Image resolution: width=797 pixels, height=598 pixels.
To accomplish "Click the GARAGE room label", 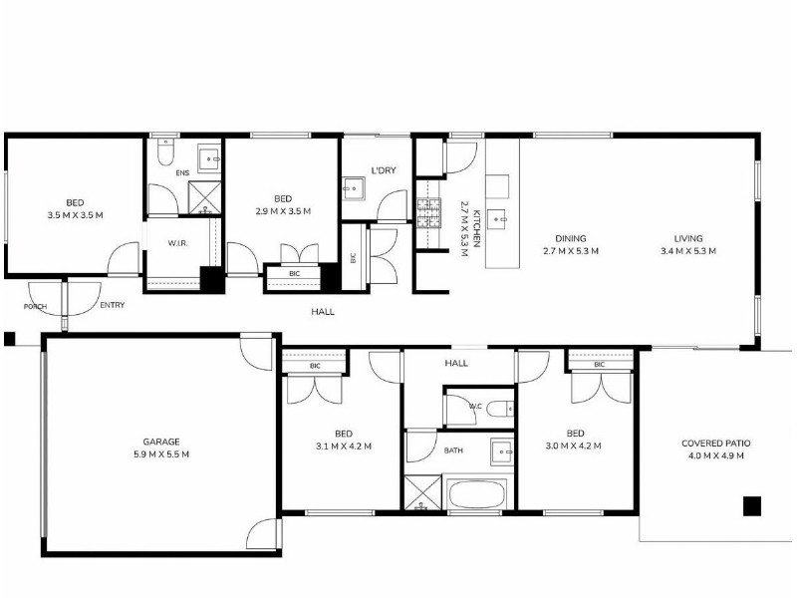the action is click(x=161, y=442).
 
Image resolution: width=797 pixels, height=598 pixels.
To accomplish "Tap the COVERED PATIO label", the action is click(x=715, y=444).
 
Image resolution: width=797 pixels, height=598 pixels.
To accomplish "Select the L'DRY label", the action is click(x=384, y=170).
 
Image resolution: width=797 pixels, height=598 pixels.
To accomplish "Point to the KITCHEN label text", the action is click(x=476, y=228).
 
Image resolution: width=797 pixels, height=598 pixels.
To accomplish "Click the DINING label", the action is click(x=570, y=238).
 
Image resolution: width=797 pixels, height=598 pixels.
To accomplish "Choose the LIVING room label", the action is click(x=688, y=238).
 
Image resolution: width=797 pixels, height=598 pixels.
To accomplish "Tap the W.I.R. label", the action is click(x=178, y=243).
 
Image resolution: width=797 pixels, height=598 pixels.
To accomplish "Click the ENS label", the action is click(x=182, y=172).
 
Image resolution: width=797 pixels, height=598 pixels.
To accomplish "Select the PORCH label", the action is click(x=35, y=307).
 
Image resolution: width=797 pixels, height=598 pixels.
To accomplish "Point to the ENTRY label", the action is click(x=113, y=305).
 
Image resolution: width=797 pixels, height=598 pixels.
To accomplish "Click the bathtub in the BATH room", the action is click(x=476, y=493).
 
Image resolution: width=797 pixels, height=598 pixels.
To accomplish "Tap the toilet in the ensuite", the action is click(x=165, y=151).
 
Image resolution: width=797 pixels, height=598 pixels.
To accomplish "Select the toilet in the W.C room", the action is click(x=500, y=409).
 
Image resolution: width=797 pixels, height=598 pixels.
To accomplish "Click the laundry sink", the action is click(x=354, y=188).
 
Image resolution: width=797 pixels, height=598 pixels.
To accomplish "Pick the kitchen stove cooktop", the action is click(x=429, y=213).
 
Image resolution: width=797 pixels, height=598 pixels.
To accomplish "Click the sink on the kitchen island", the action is click(x=496, y=219).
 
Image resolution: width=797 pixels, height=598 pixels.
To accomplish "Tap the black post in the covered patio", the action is click(x=752, y=506).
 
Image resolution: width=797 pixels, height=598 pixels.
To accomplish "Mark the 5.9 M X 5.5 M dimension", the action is click(x=161, y=454).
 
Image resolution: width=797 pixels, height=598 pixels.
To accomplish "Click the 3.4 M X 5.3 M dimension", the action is click(x=688, y=251).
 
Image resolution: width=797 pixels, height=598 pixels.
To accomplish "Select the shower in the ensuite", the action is click(x=205, y=197).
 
